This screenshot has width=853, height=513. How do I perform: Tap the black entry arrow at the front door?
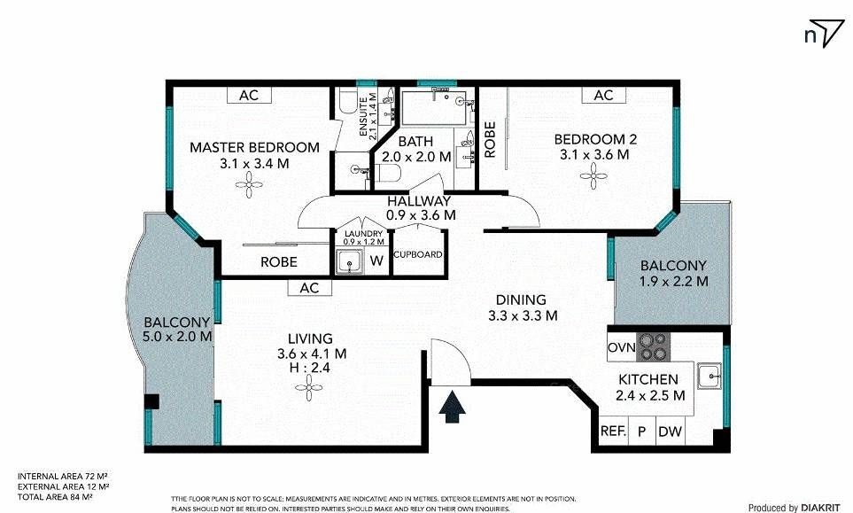[452, 408]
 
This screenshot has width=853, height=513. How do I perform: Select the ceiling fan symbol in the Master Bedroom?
[249, 185]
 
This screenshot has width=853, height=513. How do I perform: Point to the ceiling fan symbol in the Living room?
[309, 388]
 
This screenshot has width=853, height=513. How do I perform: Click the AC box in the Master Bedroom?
[249, 95]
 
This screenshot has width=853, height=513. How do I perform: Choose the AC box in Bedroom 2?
[603, 95]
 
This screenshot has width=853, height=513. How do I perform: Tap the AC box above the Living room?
[309, 287]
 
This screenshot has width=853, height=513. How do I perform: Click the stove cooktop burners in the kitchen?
[654, 346]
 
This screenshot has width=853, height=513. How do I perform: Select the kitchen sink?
[710, 376]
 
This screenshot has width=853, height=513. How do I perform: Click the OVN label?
[621, 347]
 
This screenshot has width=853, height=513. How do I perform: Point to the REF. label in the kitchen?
[613, 431]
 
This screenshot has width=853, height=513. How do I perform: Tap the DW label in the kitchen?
[670, 432]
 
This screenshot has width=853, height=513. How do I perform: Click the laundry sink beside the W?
[349, 261]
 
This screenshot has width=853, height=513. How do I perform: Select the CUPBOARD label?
[418, 254]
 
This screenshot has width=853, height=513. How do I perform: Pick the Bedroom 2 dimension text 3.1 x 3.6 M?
[594, 155]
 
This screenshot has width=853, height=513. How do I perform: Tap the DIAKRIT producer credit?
[824, 508]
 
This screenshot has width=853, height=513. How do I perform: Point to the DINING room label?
[521, 299]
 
